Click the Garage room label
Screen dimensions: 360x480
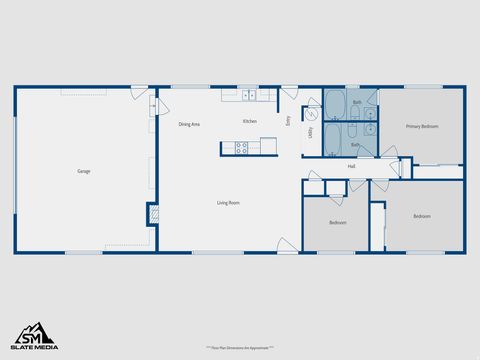[x=84, y=171]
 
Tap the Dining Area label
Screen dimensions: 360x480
[x=189, y=124]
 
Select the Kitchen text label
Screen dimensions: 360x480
[x=249, y=121]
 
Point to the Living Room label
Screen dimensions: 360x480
[x=228, y=203]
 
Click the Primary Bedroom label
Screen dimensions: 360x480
[x=421, y=127]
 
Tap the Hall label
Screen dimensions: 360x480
[x=352, y=166]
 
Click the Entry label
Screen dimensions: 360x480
[x=288, y=120]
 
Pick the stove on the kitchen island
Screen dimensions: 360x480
[x=241, y=147]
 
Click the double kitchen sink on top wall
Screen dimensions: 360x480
[x=248, y=96]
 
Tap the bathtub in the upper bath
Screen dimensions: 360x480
[x=335, y=103]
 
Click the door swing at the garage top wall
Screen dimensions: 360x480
[x=138, y=93]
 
